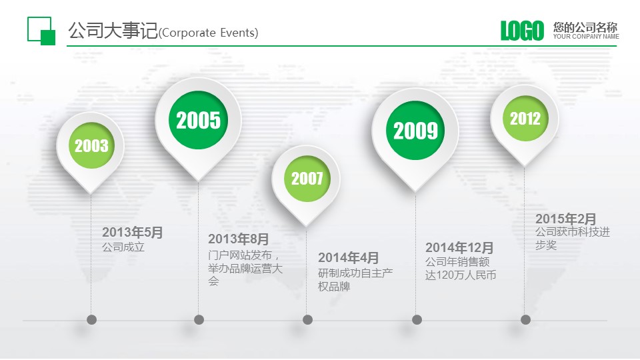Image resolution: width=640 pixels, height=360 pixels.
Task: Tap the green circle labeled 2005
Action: click(199, 120)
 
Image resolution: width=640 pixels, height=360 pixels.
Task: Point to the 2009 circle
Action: click(415, 131)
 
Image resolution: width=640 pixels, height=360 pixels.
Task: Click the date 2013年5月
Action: click(133, 232)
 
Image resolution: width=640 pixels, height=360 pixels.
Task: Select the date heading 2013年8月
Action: click(239, 239)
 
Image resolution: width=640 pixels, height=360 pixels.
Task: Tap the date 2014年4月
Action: click(349, 257)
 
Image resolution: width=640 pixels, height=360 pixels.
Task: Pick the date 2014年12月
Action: click(459, 247)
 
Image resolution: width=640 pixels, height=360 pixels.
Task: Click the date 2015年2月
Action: click(566, 219)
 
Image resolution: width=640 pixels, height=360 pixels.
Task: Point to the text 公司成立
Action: click(123, 247)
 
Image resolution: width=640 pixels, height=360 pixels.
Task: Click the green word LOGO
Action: click(523, 31)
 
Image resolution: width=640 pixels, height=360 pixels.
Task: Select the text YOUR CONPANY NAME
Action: click(586, 37)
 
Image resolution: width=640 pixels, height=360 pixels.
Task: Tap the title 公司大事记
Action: click(113, 31)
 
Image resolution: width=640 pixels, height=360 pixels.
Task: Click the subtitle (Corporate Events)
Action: click(208, 33)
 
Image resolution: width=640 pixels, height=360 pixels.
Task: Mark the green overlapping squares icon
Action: click(41, 31)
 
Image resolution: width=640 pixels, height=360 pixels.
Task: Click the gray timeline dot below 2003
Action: click(91, 319)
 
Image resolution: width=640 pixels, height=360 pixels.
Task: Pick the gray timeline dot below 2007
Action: click(308, 319)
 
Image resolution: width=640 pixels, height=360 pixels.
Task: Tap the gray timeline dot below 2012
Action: click(526, 319)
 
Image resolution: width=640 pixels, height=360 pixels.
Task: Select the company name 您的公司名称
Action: click(585, 27)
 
